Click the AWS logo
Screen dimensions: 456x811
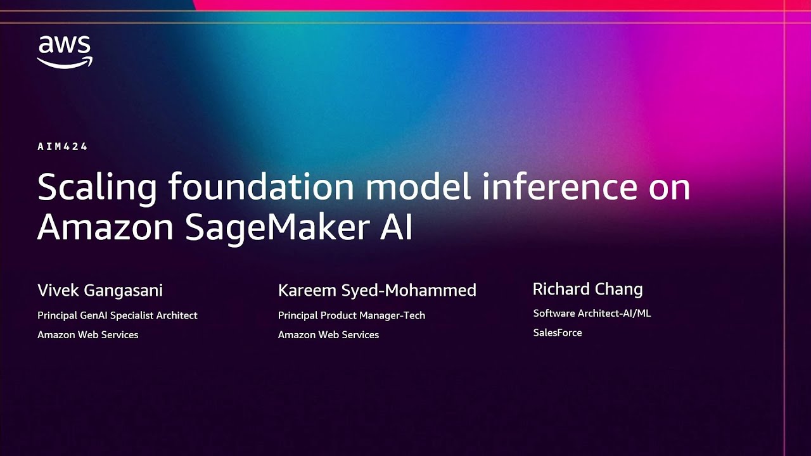pyautogui.click(x=64, y=51)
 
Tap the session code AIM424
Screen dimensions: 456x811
pyautogui.click(x=62, y=147)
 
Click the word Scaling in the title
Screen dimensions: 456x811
pyautogui.click(x=97, y=188)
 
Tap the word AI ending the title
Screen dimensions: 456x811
pyautogui.click(x=397, y=228)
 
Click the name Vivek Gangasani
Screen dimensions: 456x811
pyautogui.click(x=100, y=291)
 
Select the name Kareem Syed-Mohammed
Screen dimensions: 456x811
pyautogui.click(x=377, y=291)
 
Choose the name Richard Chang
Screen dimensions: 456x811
pyautogui.click(x=587, y=289)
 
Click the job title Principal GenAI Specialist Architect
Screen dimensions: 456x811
pyautogui.click(x=117, y=315)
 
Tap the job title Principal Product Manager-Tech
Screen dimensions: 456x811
pyautogui.click(x=351, y=315)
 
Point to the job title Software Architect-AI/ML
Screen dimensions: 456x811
pyautogui.click(x=592, y=313)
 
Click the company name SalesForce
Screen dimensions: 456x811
pyautogui.click(x=557, y=332)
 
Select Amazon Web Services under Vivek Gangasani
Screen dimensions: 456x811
pyautogui.click(x=87, y=334)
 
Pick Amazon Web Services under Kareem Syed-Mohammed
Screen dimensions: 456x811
pyautogui.click(x=328, y=334)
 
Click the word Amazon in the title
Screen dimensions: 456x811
pyautogui.click(x=105, y=228)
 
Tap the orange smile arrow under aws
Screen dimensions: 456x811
pyautogui.click(x=65, y=62)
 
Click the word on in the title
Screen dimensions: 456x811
pyautogui.click(x=668, y=188)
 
